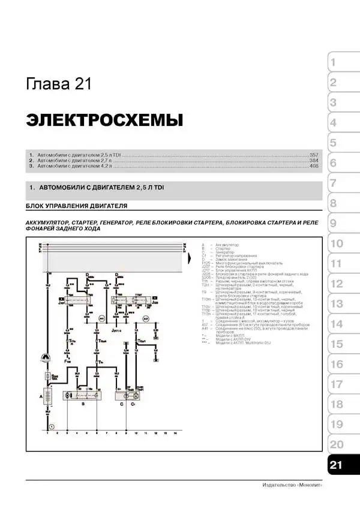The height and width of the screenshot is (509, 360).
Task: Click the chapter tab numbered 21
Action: [337, 465]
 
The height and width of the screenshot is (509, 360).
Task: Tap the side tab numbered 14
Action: [337, 324]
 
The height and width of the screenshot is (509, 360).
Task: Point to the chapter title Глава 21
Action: [59, 84]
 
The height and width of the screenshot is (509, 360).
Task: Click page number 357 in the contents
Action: [314, 155]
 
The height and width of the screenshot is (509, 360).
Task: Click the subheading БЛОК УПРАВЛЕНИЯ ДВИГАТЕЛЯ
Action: [77, 206]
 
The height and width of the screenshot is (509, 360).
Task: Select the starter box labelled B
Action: [83, 396]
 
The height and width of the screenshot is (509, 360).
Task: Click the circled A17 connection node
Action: [145, 319]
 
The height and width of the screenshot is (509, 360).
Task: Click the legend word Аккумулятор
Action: [226, 245]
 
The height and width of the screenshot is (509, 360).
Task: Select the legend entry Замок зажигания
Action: [231, 259]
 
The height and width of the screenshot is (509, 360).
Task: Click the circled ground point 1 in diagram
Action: [52, 426]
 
